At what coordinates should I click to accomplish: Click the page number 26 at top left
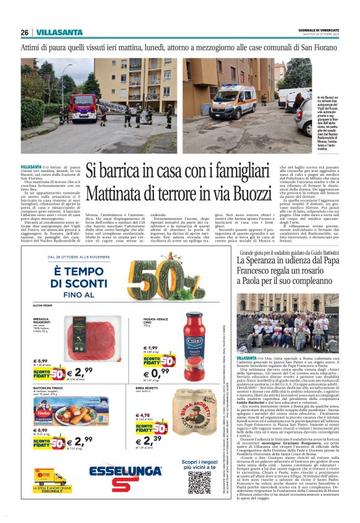(24, 32)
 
